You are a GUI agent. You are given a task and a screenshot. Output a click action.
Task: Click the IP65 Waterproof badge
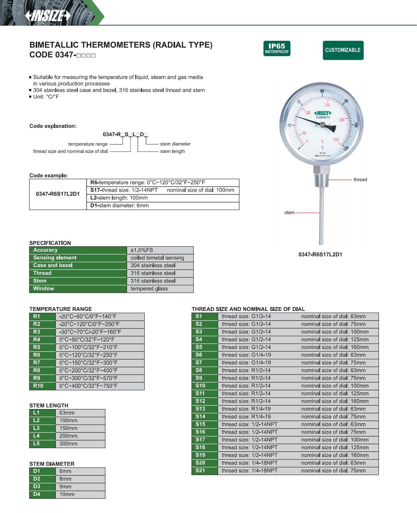point(277,48)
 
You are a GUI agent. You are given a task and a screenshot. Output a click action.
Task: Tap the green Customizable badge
point(343,50)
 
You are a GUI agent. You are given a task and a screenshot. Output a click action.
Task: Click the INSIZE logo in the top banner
point(48,16)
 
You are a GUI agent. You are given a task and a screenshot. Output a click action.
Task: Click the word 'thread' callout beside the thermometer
point(360,180)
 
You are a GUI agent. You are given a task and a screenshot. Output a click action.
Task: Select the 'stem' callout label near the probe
point(289,213)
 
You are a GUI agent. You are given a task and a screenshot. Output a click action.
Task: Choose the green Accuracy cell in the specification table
point(78,250)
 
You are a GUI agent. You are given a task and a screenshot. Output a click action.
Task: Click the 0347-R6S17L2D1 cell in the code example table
point(58,194)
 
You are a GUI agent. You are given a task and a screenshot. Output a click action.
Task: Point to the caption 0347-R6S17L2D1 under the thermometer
point(320,254)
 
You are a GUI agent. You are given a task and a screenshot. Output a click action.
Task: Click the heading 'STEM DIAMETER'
point(52,464)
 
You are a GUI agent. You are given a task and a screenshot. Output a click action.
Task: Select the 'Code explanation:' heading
point(53,126)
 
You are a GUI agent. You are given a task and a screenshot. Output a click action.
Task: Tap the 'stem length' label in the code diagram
point(172,151)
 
